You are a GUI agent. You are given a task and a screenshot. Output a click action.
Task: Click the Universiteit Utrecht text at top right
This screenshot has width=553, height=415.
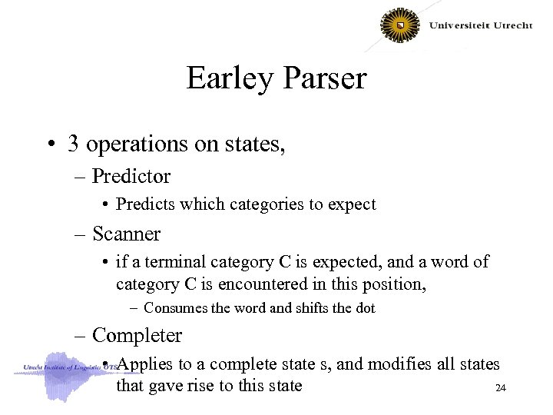point(481,25)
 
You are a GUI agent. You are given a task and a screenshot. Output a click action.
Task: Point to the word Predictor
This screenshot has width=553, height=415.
point(131,177)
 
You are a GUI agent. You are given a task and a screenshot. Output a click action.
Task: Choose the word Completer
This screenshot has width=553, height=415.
point(137,336)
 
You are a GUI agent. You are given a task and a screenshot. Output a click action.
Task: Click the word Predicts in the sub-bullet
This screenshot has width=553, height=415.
point(147,204)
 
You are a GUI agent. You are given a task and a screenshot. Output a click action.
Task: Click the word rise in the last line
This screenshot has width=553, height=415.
point(202,386)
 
